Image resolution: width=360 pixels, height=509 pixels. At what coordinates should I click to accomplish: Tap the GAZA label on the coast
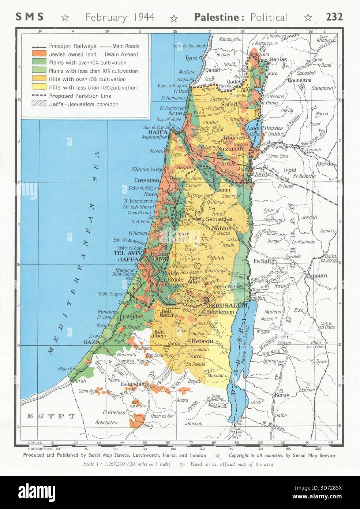click(x=91, y=342)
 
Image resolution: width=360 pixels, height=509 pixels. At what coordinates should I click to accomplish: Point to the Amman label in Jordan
click(x=317, y=275)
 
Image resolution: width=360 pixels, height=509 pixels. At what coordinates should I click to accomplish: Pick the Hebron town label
click(x=202, y=341)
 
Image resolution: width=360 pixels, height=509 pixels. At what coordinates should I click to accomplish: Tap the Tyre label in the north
click(x=191, y=58)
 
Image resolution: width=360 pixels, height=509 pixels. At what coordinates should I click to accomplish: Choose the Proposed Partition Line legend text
click(x=80, y=96)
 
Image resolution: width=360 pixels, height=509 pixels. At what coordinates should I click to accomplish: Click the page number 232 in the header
click(x=334, y=17)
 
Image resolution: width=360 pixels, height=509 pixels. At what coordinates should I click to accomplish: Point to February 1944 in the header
click(x=120, y=17)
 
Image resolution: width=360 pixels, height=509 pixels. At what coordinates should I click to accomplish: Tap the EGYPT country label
click(x=51, y=416)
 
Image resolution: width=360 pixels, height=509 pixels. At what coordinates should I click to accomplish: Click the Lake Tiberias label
click(x=265, y=128)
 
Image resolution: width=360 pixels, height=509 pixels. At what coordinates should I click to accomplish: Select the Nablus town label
click(x=221, y=228)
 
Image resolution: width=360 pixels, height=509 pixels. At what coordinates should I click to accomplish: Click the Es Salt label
click(x=263, y=261)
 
